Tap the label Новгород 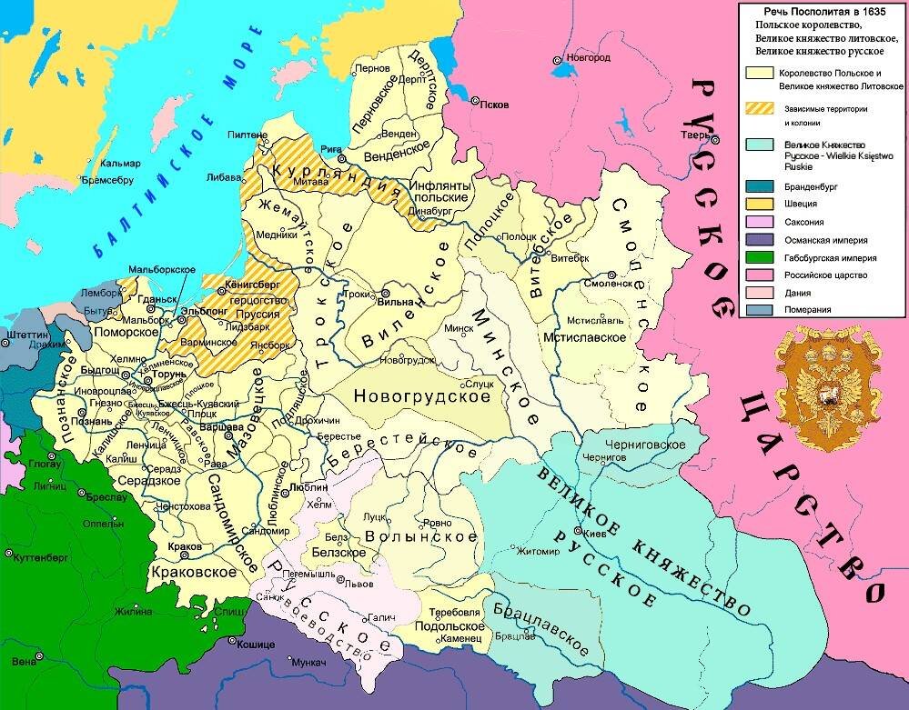click(588, 57)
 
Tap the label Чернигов click(605, 457)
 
